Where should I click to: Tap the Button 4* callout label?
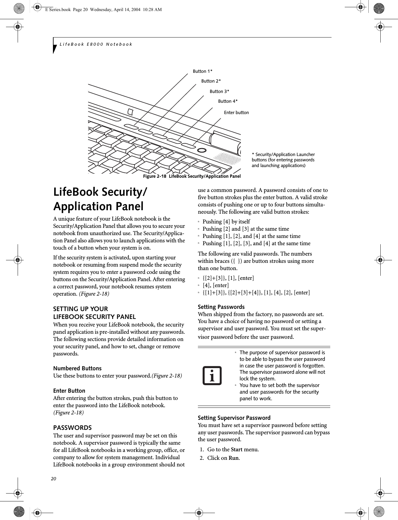pos(228,101)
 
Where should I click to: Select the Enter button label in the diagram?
pos(236,113)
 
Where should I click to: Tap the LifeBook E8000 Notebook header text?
pos(96,44)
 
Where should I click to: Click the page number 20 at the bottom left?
pos(54,479)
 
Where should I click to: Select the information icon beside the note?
pos(212,376)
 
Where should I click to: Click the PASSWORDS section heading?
pos(72,428)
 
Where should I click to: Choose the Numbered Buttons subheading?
pos(77,368)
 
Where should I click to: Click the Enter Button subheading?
pos(69,391)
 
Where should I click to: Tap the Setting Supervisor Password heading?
pos(234,418)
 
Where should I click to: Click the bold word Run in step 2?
pos(234,458)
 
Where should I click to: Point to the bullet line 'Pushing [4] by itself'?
pos(226,222)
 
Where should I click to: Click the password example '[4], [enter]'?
pos(216,285)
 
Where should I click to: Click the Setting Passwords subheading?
pos(221,307)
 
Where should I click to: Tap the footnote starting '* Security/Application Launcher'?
pos(283,160)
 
